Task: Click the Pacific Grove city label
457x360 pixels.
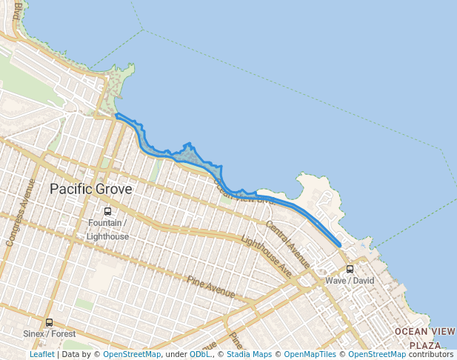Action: (x=90, y=189)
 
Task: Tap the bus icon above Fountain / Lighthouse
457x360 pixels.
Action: (x=107, y=212)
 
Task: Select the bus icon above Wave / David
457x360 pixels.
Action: (x=350, y=270)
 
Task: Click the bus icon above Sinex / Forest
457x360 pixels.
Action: (x=49, y=322)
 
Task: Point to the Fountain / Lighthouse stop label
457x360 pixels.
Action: (x=107, y=230)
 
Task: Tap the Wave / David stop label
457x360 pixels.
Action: (x=350, y=281)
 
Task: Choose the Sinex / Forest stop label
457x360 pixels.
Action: (x=49, y=334)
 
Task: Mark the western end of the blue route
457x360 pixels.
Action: (x=117, y=115)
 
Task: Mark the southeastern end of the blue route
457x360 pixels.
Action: (x=339, y=244)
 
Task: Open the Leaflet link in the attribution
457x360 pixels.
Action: (x=42, y=354)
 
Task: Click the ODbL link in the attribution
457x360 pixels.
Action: (x=199, y=354)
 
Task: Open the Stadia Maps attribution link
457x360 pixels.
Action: (x=249, y=354)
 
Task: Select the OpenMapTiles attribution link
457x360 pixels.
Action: (x=308, y=354)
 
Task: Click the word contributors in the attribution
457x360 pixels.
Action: (x=430, y=354)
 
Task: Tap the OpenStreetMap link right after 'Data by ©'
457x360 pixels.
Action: (x=132, y=354)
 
